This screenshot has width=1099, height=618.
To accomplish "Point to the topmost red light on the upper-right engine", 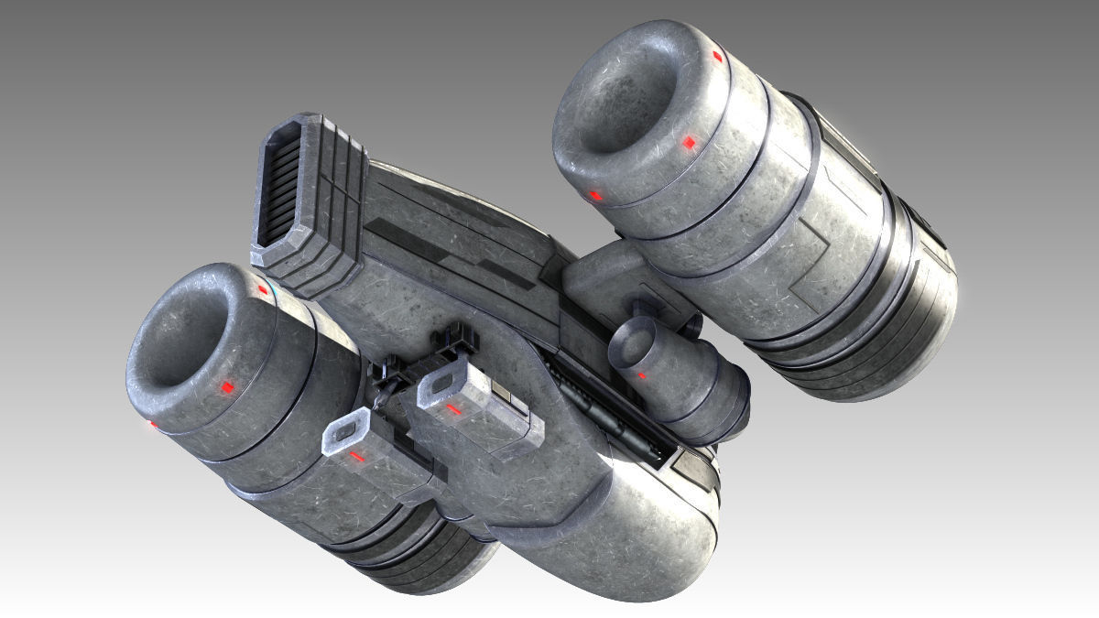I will point(717,57).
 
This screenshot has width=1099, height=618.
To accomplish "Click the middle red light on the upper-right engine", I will point(690,143).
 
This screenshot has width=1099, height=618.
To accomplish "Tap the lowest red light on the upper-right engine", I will point(594,194).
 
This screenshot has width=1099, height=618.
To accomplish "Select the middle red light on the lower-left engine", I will point(225,389).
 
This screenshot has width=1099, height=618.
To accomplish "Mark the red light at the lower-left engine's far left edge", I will point(153,424).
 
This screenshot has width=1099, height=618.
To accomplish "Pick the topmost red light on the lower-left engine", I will point(263,289).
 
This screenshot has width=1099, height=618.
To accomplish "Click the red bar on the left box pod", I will point(357,455).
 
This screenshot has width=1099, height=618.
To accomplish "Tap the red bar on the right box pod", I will point(452,409).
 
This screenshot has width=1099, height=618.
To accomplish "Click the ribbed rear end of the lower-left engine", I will point(421,558).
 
